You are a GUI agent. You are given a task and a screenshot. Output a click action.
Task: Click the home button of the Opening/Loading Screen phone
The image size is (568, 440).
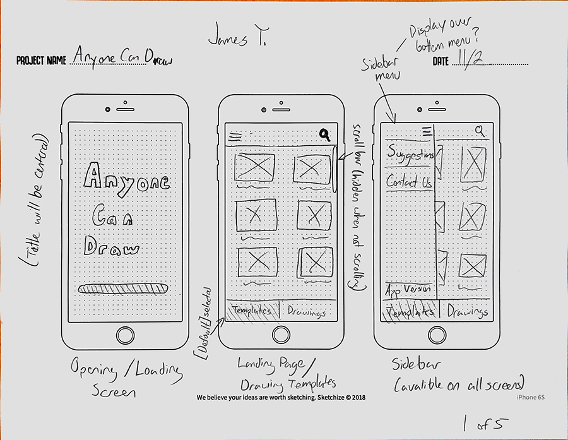click(x=126, y=335)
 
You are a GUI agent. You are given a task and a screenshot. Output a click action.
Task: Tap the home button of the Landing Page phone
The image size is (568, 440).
click(x=281, y=335)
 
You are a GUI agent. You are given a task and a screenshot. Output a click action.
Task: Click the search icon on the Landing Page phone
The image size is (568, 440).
click(x=325, y=134)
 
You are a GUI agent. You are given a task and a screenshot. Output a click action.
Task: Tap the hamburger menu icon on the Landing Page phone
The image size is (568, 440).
click(x=235, y=134)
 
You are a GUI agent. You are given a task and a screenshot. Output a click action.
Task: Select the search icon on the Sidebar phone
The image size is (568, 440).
click(x=481, y=131)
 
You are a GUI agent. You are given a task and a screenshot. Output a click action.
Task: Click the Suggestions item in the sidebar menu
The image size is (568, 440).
click(x=410, y=155)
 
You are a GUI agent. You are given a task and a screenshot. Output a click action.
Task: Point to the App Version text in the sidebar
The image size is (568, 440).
click(x=408, y=290)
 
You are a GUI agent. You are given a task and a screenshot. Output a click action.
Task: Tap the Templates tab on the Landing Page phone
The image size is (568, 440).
click(x=252, y=310)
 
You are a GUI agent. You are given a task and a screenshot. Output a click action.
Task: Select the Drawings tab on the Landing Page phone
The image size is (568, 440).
click(x=307, y=311)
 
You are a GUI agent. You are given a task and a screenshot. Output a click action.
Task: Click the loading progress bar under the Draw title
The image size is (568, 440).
click(x=123, y=288)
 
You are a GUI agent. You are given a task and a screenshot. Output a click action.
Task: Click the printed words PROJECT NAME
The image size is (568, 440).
click(x=42, y=61)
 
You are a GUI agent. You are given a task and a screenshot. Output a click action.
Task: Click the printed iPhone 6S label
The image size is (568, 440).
click(x=531, y=397)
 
